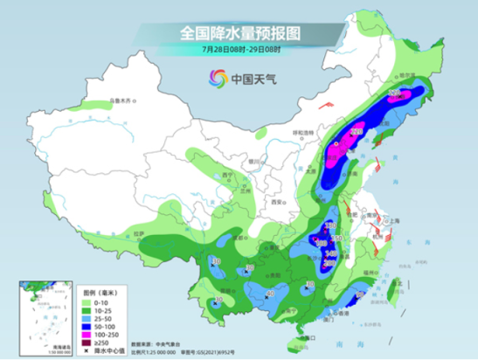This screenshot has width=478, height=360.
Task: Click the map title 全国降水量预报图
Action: click(x=239, y=32)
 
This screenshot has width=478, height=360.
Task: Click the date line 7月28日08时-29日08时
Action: click(x=239, y=50)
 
